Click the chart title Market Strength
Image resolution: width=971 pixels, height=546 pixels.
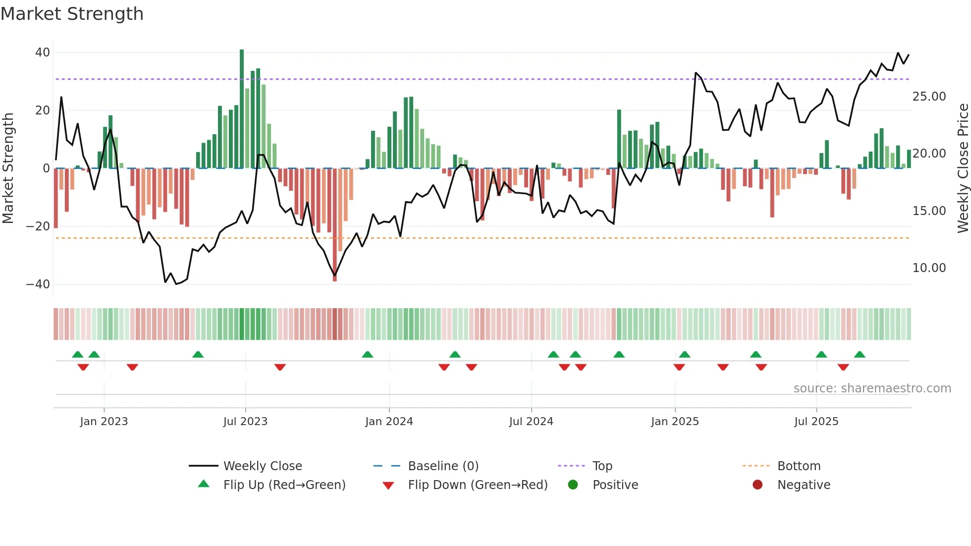72,14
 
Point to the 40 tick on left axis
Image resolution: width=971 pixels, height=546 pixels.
43,53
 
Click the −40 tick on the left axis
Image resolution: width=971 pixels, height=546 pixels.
38,284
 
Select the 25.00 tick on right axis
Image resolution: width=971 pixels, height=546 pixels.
929,97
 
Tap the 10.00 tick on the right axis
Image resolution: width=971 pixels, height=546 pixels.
929,268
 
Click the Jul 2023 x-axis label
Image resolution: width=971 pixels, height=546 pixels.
245,422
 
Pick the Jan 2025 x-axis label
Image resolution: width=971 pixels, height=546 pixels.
675,422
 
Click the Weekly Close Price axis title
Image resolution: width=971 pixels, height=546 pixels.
963,168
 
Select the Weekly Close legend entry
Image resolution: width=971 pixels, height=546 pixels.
262,466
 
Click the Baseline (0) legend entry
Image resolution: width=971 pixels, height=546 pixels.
443,466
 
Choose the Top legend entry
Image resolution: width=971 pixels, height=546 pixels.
602,466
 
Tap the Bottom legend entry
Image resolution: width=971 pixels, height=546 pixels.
799,466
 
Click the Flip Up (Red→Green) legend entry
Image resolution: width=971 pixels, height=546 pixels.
284,485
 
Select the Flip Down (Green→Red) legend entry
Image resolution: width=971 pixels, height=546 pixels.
478,485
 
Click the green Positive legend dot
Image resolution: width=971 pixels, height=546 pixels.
573,485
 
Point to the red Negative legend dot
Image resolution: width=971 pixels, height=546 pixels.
757,485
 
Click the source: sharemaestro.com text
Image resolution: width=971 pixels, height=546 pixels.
872,388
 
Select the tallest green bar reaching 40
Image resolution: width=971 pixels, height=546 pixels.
242,109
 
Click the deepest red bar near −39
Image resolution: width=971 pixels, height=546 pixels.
335,225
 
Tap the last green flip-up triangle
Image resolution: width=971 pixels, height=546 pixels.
860,354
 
